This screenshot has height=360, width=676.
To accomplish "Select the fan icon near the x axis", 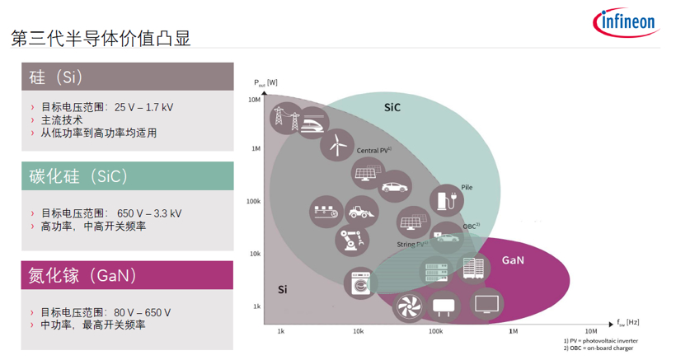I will tap(410, 306).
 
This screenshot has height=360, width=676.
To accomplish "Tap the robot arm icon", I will tap(347, 240).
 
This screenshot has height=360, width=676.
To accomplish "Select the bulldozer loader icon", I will tap(361, 213).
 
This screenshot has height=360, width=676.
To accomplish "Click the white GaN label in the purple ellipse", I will tap(513, 260).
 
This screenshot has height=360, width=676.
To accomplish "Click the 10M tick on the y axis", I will tap(254, 100).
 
